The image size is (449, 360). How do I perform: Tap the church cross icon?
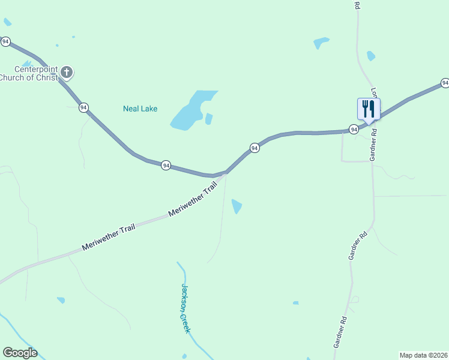coord(67,73)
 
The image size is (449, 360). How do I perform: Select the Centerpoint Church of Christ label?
coord(28,73)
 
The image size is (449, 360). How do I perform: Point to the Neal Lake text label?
coord(140,109)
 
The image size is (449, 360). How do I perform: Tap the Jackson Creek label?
coord(186,308)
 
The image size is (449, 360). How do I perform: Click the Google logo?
coord(20,353)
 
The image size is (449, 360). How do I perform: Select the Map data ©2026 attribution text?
coord(424,355)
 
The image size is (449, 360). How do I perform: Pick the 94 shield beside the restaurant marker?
coord(354,129)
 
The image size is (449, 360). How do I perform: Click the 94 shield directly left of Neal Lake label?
coord(83,107)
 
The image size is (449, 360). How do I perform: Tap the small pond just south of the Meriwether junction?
coord(237,206)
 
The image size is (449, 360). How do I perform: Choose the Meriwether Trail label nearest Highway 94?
coord(192,201)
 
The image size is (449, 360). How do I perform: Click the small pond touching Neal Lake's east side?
coord(209,119)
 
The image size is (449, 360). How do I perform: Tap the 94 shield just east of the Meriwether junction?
coord(255,148)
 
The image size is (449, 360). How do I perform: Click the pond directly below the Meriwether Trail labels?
coord(61,299)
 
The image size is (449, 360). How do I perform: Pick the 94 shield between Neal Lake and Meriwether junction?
coord(166,165)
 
